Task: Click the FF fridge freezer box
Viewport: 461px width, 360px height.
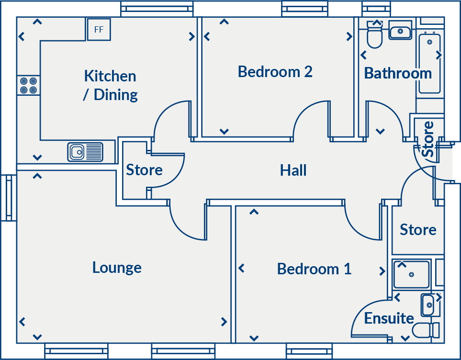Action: click(99, 30)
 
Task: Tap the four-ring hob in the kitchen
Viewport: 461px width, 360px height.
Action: click(28, 85)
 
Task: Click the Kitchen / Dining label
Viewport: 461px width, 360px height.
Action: click(110, 85)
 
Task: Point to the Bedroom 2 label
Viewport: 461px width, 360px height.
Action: click(275, 72)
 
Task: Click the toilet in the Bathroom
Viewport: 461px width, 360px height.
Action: click(374, 36)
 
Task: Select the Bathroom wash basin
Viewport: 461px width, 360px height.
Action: click(400, 32)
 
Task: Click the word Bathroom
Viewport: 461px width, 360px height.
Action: click(398, 73)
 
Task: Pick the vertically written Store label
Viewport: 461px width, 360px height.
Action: click(428, 139)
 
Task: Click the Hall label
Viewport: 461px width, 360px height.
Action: click(293, 170)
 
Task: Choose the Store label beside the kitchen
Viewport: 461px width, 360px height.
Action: click(144, 170)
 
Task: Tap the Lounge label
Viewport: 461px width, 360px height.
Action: click(117, 267)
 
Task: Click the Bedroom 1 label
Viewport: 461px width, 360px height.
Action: click(314, 269)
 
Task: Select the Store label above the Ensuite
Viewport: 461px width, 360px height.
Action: click(418, 230)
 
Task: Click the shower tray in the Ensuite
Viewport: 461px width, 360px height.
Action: click(411, 274)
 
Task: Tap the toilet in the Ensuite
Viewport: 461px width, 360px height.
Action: click(426, 330)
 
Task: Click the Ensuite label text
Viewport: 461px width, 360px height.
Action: click(389, 318)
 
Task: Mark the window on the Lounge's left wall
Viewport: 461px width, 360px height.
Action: click(8, 198)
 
